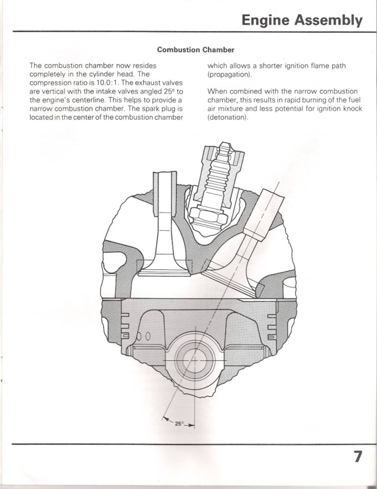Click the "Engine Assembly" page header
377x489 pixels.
pos(302,20)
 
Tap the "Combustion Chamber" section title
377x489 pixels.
pos(196,50)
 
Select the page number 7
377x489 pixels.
pos(357,457)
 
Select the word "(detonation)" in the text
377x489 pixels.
pos(228,117)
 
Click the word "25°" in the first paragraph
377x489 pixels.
pos(169,92)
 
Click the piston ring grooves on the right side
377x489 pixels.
pos(272,326)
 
